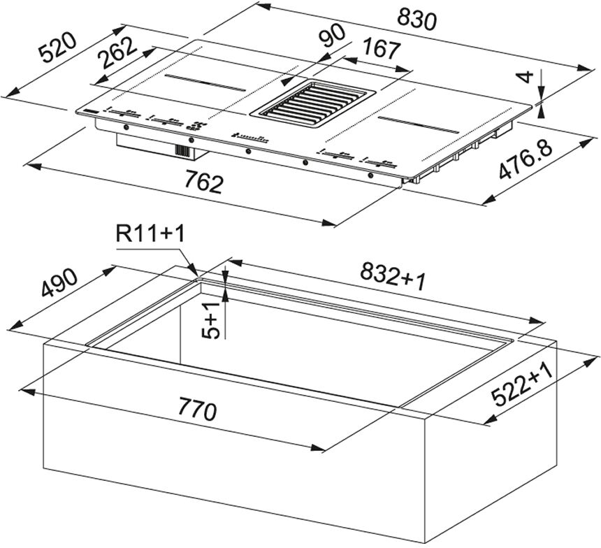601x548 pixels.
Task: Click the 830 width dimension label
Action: tap(417, 20)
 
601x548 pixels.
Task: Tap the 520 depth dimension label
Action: tap(59, 47)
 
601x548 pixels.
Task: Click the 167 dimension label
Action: tap(381, 49)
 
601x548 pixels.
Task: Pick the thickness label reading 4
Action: tap(527, 77)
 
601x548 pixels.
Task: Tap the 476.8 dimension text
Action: tap(526, 160)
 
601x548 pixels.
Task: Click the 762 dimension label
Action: tap(203, 182)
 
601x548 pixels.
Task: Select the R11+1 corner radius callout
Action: tap(150, 233)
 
